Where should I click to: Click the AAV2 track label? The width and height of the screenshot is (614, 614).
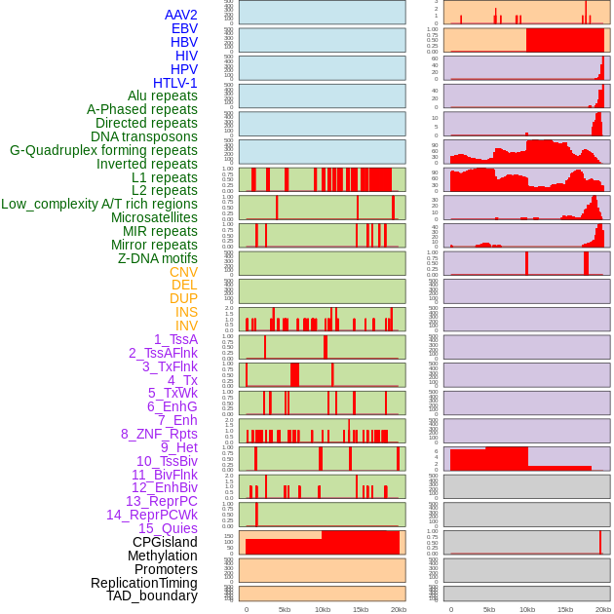[x=181, y=15]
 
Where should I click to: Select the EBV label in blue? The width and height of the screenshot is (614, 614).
[x=184, y=28]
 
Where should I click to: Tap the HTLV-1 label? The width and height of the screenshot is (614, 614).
[x=175, y=83]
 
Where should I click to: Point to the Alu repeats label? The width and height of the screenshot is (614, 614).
[x=163, y=96]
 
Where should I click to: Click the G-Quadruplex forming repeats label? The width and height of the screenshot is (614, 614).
[x=103, y=150]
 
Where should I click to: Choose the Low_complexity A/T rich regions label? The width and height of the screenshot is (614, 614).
[x=99, y=204]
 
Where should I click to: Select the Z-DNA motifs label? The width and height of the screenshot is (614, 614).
[x=158, y=258]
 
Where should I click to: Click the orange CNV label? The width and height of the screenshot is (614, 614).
[x=183, y=272]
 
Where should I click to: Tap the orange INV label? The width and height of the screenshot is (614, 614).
[x=186, y=326]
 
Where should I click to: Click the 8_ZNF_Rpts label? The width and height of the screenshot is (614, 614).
[x=159, y=434]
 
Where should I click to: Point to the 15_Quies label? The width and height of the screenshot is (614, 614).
[x=168, y=528]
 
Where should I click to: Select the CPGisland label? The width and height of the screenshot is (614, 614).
[x=165, y=542]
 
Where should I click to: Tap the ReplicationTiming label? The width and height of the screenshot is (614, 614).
[x=144, y=583]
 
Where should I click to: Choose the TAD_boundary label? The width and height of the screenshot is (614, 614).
[x=152, y=595]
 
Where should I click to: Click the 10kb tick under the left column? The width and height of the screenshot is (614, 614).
[x=322, y=609]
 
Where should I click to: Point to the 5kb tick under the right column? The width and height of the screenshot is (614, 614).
[x=489, y=609]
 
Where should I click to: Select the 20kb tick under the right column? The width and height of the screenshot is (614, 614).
[x=603, y=609]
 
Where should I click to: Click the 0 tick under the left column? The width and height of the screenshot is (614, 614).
[x=246, y=609]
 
